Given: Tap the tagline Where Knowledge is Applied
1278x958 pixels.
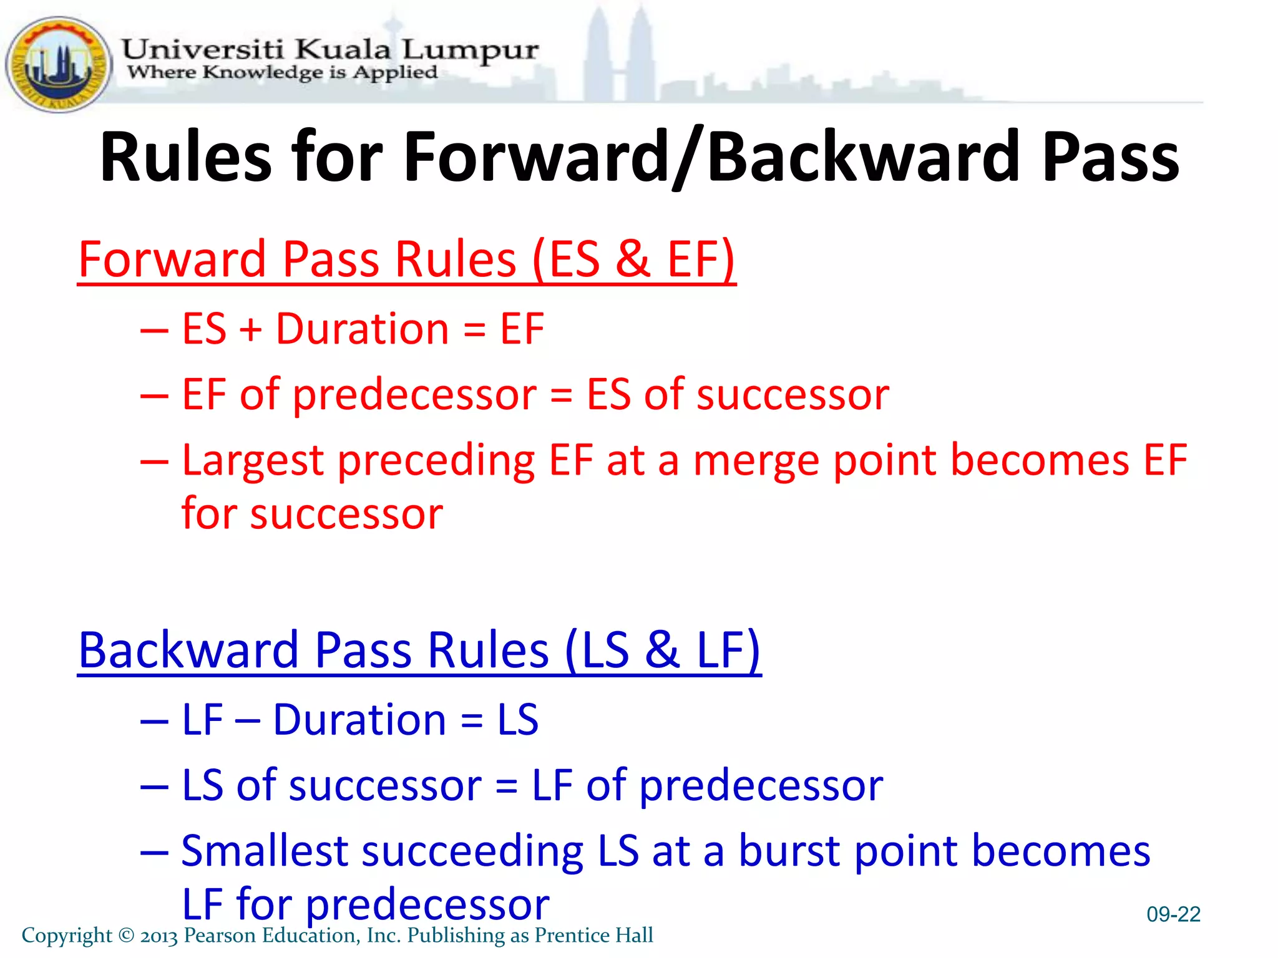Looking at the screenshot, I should tap(282, 72).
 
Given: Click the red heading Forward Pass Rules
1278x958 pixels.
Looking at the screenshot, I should tap(406, 259).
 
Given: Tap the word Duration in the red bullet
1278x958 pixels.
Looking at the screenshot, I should tap(362, 329).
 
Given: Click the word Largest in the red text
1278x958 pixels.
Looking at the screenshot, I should tap(253, 461).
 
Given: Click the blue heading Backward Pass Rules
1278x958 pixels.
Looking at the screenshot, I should tap(419, 651).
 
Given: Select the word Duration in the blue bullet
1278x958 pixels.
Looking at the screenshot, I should tap(359, 720).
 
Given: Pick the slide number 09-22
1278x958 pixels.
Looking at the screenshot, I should tap(1173, 914).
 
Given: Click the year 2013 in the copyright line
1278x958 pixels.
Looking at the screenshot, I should tap(159, 936).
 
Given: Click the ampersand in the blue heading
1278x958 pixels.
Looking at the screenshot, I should tap(662, 651).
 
